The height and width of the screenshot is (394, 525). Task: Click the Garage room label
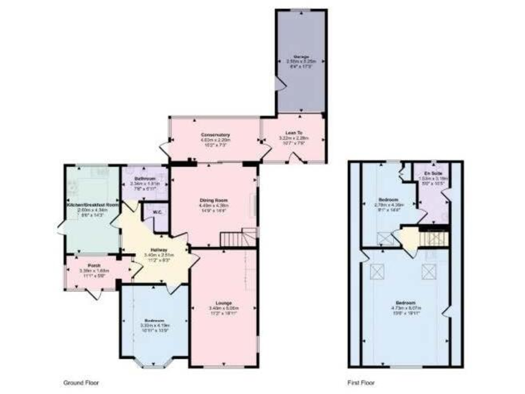[x=301, y=56]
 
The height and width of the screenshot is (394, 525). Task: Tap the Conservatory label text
[x=211, y=135]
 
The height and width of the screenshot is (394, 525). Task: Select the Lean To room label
[x=295, y=133]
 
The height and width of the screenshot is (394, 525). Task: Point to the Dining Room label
[x=213, y=200]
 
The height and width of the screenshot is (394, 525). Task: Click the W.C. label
[x=157, y=213]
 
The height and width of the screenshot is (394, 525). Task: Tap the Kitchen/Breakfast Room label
[x=92, y=205]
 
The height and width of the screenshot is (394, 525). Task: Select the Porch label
[x=94, y=265]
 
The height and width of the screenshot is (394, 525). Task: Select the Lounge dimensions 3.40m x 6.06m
[x=225, y=308]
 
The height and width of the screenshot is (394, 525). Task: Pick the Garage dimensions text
[x=301, y=62]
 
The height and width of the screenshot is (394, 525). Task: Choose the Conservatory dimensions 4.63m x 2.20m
[x=211, y=140]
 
